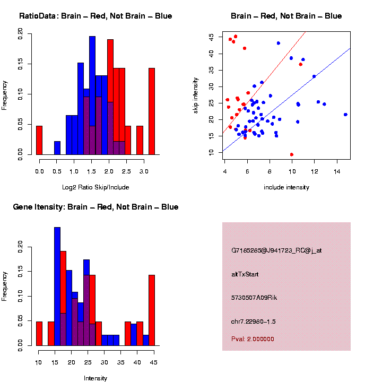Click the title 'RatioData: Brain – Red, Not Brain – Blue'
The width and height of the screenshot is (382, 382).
point(95,16)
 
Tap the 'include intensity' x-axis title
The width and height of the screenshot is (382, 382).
point(286,187)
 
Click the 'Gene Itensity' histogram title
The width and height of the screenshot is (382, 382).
point(95,207)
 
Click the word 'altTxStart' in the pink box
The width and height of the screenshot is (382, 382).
point(245,274)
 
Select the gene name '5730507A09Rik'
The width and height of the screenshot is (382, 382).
point(254,298)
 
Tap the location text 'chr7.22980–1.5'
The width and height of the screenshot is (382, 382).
point(254,322)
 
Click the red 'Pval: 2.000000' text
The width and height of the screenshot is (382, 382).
point(253,339)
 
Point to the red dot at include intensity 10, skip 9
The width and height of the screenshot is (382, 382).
point(292,154)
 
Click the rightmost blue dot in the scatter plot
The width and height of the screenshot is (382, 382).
point(345,115)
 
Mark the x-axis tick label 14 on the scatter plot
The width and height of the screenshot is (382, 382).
point(336,171)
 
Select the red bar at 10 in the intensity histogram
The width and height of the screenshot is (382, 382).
point(39,334)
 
